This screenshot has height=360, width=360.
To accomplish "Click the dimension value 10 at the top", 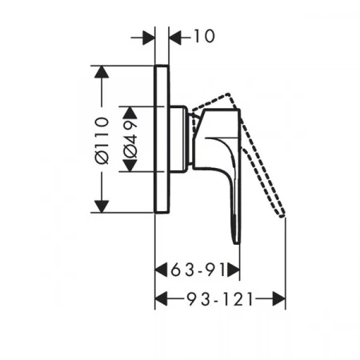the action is coord(204,36).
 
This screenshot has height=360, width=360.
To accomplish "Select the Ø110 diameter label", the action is coord(102,140).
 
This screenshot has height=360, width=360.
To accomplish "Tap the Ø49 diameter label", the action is coord(130,139).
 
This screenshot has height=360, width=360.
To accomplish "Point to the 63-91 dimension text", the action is coord(198,270).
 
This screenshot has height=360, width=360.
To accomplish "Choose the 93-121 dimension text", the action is coord(219,299).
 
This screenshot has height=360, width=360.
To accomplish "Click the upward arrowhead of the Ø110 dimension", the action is coord(102,72).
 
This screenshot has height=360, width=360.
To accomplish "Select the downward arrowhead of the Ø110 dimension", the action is coord(102,206).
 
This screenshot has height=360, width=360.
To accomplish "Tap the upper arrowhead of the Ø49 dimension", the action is coord(130,113).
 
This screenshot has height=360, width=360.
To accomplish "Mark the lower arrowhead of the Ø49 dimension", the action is coord(130,166).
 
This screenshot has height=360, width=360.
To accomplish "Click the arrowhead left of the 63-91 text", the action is coord(161,270).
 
